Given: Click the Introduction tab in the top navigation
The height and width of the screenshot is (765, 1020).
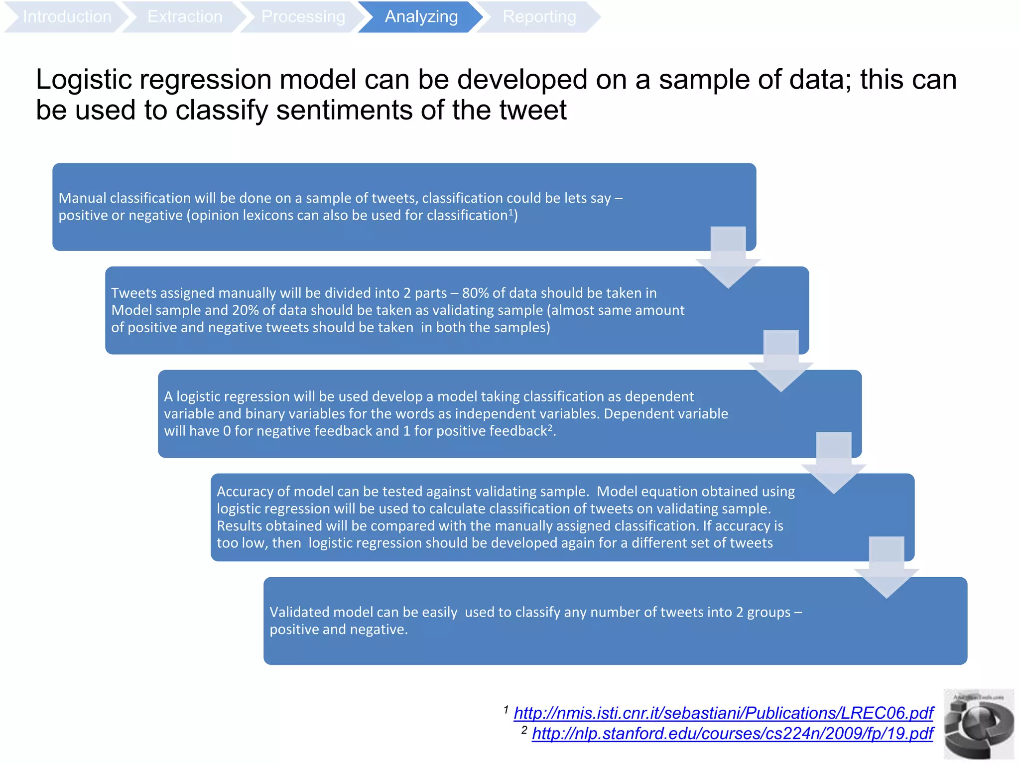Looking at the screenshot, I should [x=67, y=17].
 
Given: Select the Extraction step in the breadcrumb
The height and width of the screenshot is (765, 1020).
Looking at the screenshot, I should [x=185, y=17].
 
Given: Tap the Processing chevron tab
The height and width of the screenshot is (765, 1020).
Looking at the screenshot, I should [x=303, y=17].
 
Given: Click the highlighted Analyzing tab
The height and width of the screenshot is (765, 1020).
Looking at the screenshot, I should [x=421, y=17].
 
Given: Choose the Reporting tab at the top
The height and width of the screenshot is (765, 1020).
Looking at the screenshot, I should [x=539, y=17].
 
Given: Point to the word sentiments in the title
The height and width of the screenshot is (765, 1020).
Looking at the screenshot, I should [x=344, y=110].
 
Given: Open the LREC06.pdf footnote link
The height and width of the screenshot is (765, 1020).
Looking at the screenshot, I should [x=723, y=713].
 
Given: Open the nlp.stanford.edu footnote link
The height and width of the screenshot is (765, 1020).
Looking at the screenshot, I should [x=732, y=734].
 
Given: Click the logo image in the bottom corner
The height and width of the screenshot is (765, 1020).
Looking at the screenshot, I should [x=979, y=725].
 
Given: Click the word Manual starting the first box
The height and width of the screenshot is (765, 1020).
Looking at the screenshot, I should [x=82, y=198].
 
